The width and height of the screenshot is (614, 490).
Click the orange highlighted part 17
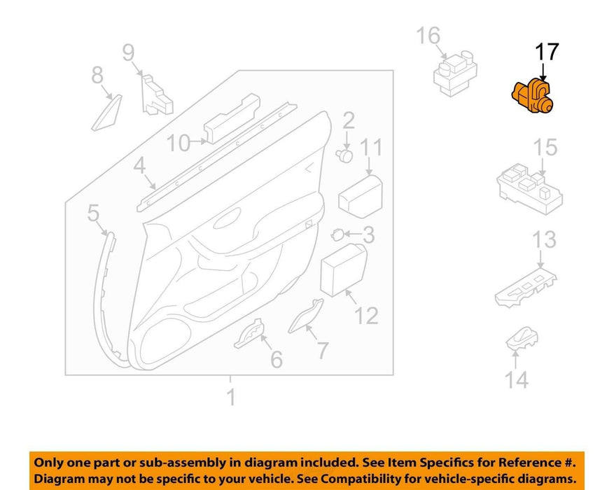(x=533, y=96)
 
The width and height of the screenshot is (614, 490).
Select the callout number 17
(x=547, y=52)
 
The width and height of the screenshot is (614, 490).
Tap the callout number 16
(x=428, y=36)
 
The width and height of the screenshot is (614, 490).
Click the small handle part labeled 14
(x=522, y=338)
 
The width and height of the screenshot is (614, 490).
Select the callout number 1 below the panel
(x=232, y=397)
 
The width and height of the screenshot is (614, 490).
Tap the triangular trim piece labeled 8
(x=106, y=113)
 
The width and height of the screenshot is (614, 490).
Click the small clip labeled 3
(x=337, y=234)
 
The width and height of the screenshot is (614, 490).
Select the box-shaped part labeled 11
(x=361, y=196)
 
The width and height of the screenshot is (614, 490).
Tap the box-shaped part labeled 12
(x=344, y=269)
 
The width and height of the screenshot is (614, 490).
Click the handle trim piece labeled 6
(x=249, y=334)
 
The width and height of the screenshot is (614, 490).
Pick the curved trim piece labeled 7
(x=305, y=316)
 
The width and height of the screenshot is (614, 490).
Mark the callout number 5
(x=93, y=213)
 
